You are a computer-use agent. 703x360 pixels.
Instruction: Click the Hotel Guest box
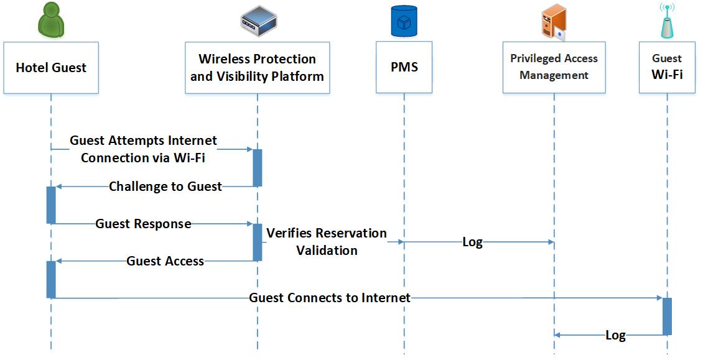tap(51, 68)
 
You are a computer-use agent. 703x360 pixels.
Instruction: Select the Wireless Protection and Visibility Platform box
tap(257, 68)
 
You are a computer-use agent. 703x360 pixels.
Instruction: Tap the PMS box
tap(404, 68)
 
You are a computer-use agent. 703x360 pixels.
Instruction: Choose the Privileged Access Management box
tap(554, 68)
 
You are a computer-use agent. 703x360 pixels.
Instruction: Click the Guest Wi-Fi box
tap(667, 68)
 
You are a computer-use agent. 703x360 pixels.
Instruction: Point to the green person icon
tap(51, 20)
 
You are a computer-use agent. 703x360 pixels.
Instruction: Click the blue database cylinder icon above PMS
tap(404, 21)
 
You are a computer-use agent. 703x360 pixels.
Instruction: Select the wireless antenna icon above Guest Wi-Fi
tap(667, 21)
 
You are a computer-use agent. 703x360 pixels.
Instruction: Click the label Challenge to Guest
tap(165, 187)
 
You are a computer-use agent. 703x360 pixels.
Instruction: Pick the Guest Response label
tap(143, 224)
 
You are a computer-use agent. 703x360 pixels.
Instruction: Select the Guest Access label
tap(165, 261)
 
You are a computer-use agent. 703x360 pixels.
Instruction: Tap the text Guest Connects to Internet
tap(330, 298)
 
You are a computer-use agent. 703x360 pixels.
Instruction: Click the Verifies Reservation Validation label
tap(327, 242)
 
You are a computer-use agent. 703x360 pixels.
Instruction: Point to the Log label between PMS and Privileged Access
tap(472, 242)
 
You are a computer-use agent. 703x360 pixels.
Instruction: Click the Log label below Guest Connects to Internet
tap(615, 336)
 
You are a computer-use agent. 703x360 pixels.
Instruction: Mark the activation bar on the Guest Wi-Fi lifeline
tap(667, 316)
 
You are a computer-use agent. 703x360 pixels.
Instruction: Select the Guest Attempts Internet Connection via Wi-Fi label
tap(143, 149)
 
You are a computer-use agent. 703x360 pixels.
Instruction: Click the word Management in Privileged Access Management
tap(554, 75)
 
